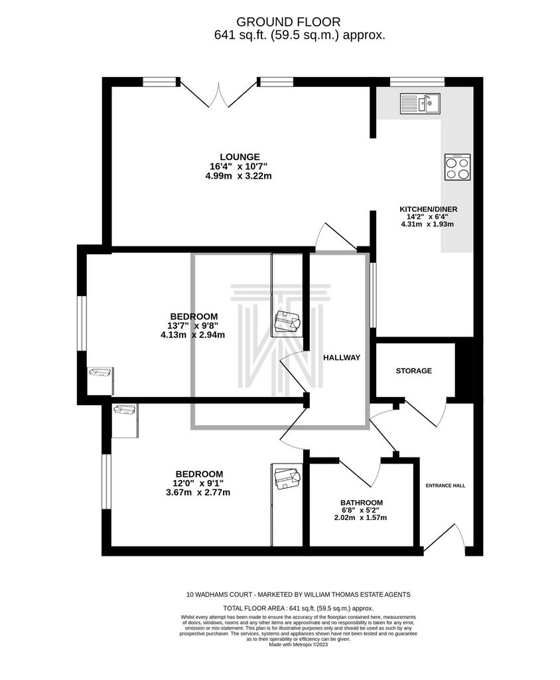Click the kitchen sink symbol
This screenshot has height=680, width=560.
point(420,104)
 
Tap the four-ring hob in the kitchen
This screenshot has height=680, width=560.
point(457,167)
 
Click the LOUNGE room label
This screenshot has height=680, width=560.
point(240,157)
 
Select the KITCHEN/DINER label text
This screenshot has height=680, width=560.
point(428,209)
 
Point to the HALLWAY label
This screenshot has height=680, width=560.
point(342,358)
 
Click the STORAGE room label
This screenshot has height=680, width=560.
point(414,371)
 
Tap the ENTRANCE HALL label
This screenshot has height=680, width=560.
point(446,485)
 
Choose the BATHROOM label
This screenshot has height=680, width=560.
point(362,503)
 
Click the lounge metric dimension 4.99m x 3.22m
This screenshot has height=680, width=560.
point(239,176)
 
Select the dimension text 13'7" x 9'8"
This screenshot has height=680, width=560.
point(192,325)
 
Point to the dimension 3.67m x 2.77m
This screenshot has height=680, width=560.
point(198,493)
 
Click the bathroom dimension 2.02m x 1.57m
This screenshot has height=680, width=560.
point(361,517)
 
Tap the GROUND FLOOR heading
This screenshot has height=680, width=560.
point(288,22)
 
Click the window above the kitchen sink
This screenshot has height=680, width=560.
point(417,82)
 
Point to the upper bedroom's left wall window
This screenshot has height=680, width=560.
point(82,323)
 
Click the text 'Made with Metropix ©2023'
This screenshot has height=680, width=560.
point(298,644)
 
